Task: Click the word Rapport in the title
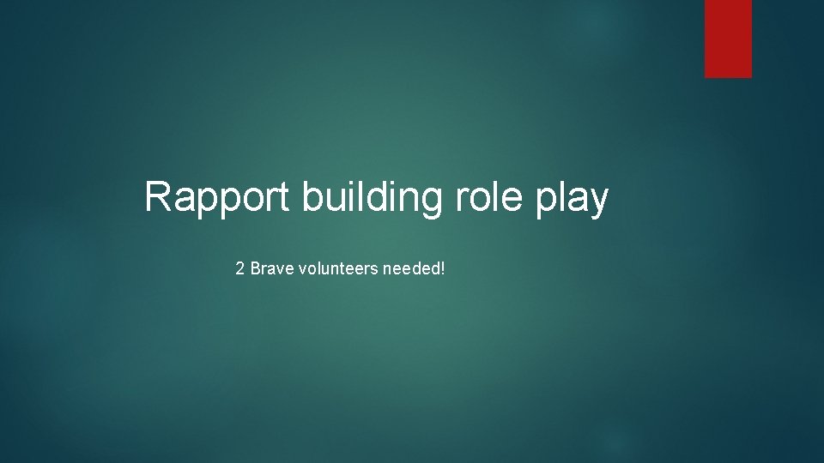(219, 198)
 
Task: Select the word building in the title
(372, 198)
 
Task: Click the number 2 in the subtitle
(240, 269)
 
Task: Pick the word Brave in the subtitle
(269, 269)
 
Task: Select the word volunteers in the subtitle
(336, 269)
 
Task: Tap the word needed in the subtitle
(411, 269)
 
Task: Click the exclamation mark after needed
(443, 269)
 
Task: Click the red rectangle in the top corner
(728, 39)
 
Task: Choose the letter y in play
(598, 202)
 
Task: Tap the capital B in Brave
(255, 269)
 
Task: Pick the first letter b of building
(312, 197)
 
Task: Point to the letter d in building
(377, 197)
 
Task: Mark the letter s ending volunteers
(374, 270)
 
